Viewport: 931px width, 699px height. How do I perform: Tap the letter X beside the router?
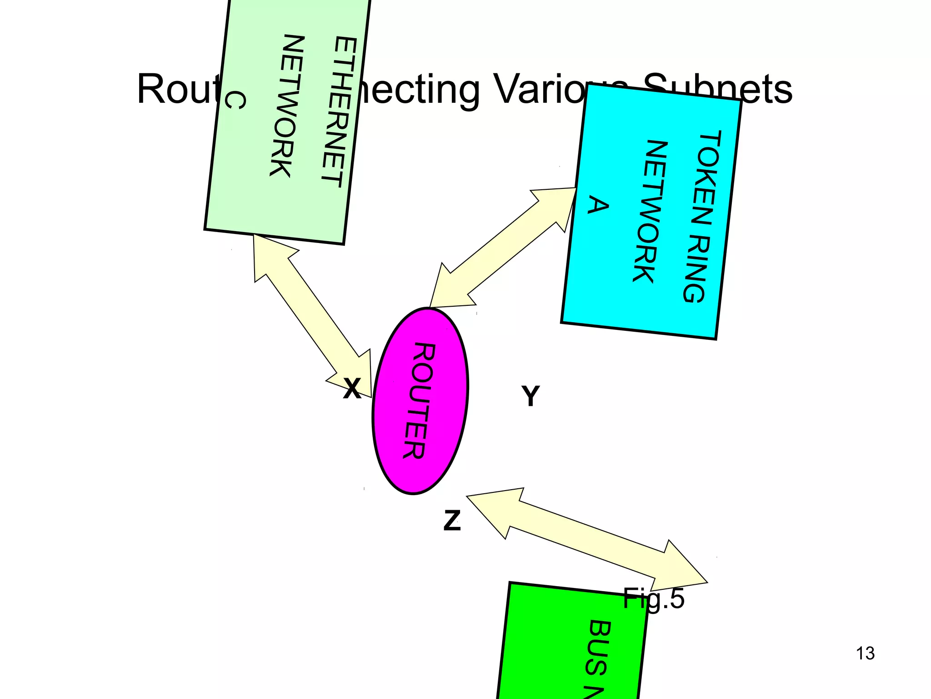pyautogui.click(x=352, y=389)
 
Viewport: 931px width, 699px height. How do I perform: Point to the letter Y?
pyautogui.click(x=531, y=396)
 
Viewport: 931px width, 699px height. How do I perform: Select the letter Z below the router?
pyautogui.click(x=452, y=520)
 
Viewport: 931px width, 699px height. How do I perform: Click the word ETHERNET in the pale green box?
pyautogui.click(x=339, y=111)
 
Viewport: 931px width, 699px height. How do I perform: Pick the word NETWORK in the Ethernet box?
pyautogui.click(x=287, y=106)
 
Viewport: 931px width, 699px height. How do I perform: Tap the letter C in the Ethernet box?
pyautogui.click(x=235, y=100)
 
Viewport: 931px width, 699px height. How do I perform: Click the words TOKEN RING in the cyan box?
pyautogui.click(x=702, y=216)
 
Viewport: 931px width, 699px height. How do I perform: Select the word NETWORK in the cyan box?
pyautogui.click(x=650, y=211)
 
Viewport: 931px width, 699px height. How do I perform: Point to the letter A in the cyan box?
pyautogui.click(x=598, y=205)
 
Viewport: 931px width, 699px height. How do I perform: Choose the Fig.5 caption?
pyautogui.click(x=653, y=598)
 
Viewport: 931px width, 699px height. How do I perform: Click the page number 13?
pyautogui.click(x=865, y=653)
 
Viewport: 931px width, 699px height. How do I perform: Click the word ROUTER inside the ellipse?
pyautogui.click(x=420, y=400)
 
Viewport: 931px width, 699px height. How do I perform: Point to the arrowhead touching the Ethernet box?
pyautogui.click(x=268, y=255)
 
